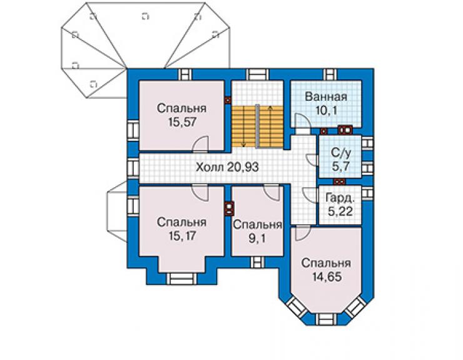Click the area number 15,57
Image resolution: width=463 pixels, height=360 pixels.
point(182,122)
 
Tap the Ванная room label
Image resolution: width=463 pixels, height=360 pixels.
point(326,97)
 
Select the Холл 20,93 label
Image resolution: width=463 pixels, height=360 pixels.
point(227,167)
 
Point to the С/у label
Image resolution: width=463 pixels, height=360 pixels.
point(341,153)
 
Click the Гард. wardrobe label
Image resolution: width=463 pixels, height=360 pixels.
point(340,198)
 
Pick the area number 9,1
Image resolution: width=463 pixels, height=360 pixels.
point(257,239)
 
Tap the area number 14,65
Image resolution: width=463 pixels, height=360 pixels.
point(327,277)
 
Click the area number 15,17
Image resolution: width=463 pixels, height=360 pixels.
point(182,236)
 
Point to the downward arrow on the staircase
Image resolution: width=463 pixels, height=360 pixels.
point(243,126)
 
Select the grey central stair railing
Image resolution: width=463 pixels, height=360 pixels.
point(258,126)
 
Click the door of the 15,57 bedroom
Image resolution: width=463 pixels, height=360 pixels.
point(200,144)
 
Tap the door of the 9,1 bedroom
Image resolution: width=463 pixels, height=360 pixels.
point(272,192)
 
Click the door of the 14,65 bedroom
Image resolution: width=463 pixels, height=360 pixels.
point(303,233)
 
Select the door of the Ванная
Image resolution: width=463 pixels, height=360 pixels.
point(303,122)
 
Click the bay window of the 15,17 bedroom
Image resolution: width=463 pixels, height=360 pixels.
point(181,279)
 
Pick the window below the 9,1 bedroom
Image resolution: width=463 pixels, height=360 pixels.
point(257,262)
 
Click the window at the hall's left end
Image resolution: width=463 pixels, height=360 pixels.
point(133,168)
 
